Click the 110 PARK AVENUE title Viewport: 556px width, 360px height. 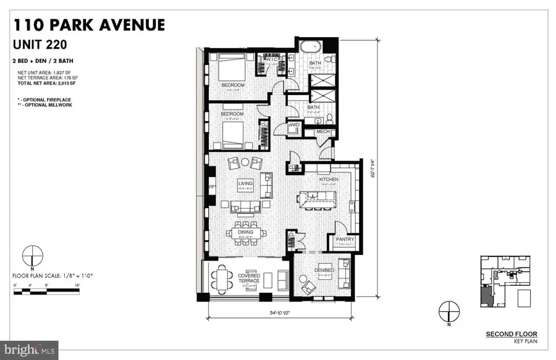click(x=89, y=25)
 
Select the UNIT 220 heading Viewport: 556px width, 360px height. click(x=42, y=44)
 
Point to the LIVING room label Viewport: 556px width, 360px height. click(x=246, y=183)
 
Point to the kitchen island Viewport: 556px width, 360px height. click(x=316, y=198)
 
